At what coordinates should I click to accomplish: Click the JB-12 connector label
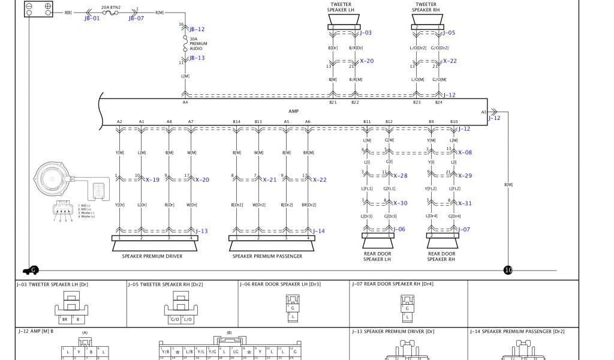(x=197, y=29)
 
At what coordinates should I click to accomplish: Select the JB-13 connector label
(x=197, y=58)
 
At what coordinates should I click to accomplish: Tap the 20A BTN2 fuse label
(x=110, y=8)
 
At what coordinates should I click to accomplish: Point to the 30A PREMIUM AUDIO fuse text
(x=198, y=44)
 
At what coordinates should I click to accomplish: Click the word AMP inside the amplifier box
(x=293, y=111)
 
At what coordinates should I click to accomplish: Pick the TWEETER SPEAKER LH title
(x=341, y=7)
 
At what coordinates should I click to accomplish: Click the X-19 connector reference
(x=152, y=180)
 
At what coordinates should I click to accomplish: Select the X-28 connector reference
(x=400, y=176)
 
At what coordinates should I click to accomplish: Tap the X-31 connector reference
(x=465, y=203)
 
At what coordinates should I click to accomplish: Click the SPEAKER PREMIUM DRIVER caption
(x=152, y=256)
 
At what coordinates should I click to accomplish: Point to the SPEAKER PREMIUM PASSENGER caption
(x=267, y=256)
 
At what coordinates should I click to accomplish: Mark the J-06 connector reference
(x=399, y=229)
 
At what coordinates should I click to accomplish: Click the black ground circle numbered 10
(x=508, y=270)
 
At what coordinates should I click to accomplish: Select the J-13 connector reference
(x=201, y=231)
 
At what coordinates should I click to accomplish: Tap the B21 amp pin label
(x=333, y=103)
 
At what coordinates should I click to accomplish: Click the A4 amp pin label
(x=185, y=103)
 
